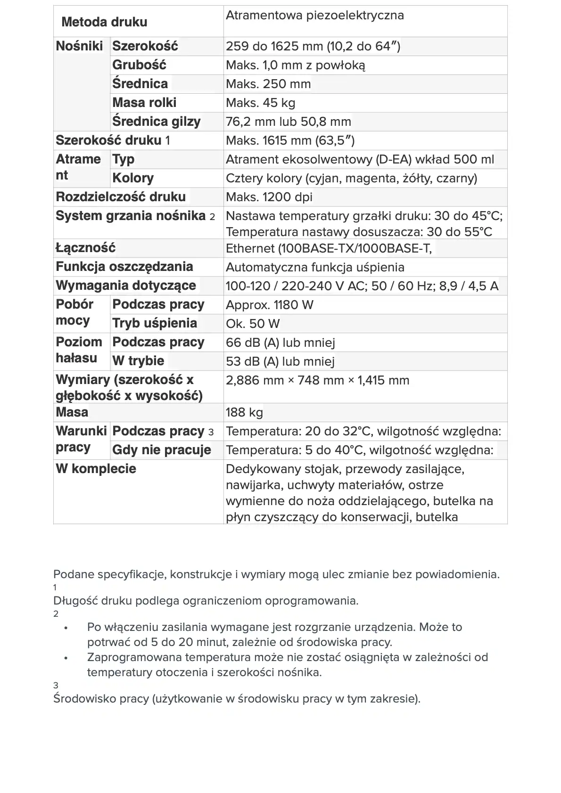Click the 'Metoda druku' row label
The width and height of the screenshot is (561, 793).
pyautogui.click(x=104, y=22)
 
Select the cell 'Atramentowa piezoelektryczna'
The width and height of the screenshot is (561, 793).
pyautogui.click(x=314, y=16)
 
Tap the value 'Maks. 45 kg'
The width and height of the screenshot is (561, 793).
pyautogui.click(x=261, y=103)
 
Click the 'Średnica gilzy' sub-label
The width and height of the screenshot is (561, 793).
pyautogui.click(x=156, y=122)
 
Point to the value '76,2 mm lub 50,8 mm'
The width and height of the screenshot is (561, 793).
pyautogui.click(x=288, y=122)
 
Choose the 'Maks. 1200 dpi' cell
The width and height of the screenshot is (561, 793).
pyautogui.click(x=269, y=197)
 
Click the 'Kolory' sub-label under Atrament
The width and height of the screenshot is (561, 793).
pyautogui.click(x=133, y=178)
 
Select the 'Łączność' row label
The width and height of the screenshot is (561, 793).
pyautogui.click(x=85, y=248)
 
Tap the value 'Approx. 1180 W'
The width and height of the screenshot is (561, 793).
pyautogui.click(x=269, y=305)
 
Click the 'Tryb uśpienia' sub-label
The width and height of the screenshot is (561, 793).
pyautogui.click(x=154, y=323)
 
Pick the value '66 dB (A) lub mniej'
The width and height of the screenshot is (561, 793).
pyautogui.click(x=280, y=343)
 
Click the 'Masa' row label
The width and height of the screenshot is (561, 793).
pyautogui.click(x=72, y=412)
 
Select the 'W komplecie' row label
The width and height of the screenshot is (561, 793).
pyautogui.click(x=96, y=469)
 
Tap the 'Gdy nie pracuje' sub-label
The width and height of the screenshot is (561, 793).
pyautogui.click(x=161, y=450)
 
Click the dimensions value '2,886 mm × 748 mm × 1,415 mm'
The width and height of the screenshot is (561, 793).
pyautogui.click(x=317, y=380)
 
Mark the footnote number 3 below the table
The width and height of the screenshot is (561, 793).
pyautogui.click(x=56, y=686)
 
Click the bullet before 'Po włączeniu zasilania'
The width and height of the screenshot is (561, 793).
pyautogui.click(x=66, y=628)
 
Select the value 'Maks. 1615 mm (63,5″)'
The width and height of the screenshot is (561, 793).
pyautogui.click(x=290, y=140)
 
